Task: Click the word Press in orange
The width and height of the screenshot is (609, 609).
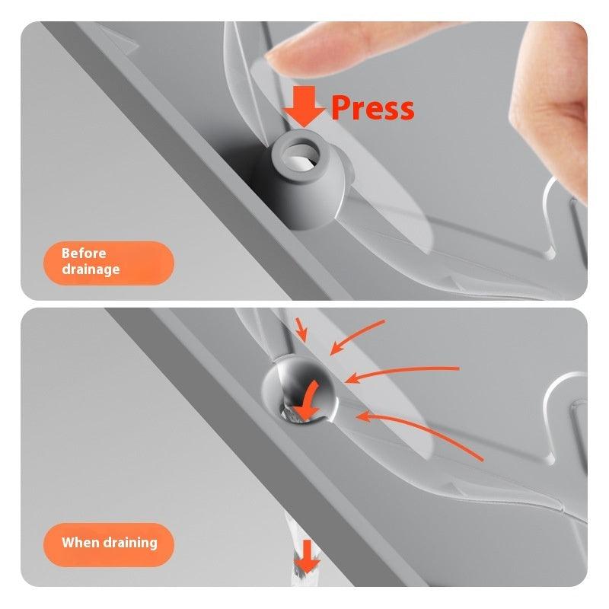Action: tap(372, 107)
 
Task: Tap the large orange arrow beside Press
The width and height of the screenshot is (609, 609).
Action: tap(304, 107)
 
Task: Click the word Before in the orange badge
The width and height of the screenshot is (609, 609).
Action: tap(84, 253)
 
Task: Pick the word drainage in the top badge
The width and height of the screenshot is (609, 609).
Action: tap(91, 269)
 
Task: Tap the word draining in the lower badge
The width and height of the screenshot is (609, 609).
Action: tap(128, 543)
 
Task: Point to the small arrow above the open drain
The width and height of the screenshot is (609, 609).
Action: tap(301, 330)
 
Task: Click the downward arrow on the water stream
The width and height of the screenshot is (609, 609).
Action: tap(308, 556)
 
